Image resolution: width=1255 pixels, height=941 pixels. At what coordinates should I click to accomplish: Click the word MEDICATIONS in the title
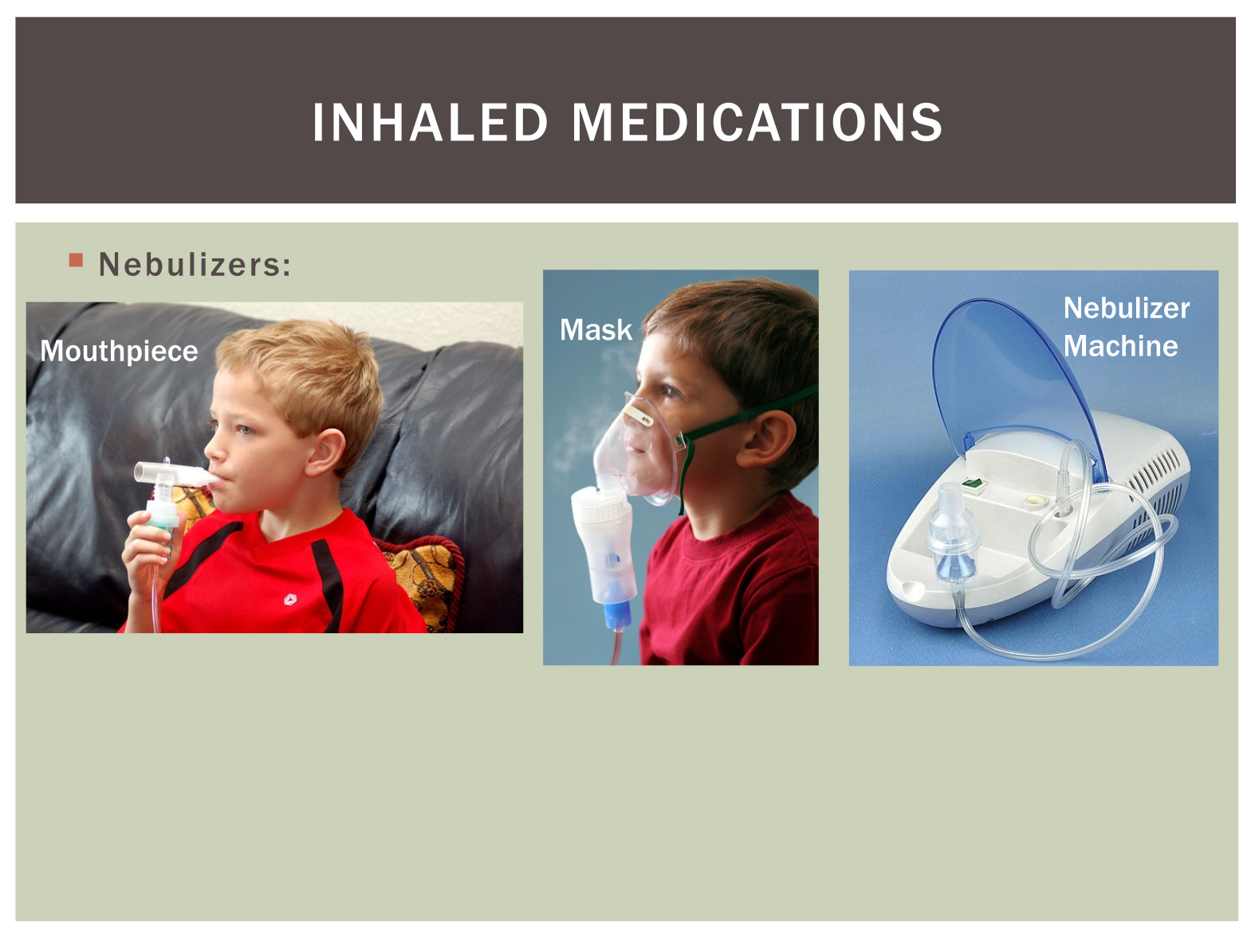coord(757,122)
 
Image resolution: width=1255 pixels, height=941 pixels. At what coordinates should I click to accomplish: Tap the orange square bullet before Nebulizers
coord(76,260)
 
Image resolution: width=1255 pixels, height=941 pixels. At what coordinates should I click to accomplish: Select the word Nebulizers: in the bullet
coord(195,264)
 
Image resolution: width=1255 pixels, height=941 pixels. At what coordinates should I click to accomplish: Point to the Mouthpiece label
coord(119,350)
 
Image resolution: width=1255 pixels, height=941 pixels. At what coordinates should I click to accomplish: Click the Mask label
coord(596,330)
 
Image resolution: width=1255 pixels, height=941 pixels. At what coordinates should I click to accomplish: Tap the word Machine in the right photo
coord(1120,346)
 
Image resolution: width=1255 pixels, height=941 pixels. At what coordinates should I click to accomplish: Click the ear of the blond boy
coord(327,451)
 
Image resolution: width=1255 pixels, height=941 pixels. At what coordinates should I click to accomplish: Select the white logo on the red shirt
coord(290,600)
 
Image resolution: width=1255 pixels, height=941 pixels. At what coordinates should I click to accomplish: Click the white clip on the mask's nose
coord(638,415)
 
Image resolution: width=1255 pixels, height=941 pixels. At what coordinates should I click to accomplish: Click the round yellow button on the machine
coord(1032,501)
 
